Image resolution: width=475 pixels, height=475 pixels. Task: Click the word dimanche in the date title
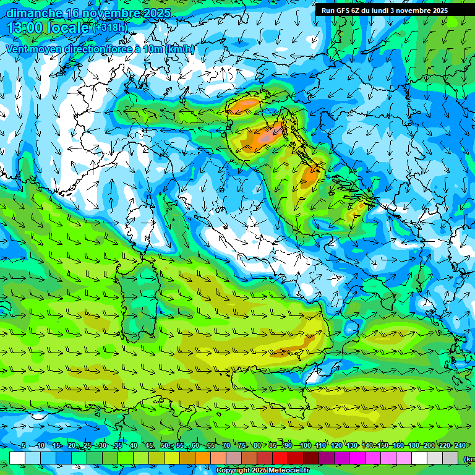pos(34,13)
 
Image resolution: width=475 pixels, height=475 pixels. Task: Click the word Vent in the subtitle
pos(18,49)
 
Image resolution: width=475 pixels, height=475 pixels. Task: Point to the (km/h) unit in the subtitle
pos(179,49)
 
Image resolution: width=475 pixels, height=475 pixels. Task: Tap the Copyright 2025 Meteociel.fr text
pos(263,471)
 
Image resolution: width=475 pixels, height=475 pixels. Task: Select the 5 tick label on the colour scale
pos(24,446)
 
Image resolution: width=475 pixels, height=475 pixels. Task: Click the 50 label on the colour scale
pos(164,446)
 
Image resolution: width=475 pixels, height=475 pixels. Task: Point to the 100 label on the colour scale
pos(305,446)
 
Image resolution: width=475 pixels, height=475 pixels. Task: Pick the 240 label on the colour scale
pos(460,446)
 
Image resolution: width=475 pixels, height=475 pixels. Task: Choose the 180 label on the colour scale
pos(413,446)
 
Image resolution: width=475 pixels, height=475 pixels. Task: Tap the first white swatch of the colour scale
pos(17,458)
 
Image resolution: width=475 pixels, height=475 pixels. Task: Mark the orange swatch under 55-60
pos(187,458)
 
